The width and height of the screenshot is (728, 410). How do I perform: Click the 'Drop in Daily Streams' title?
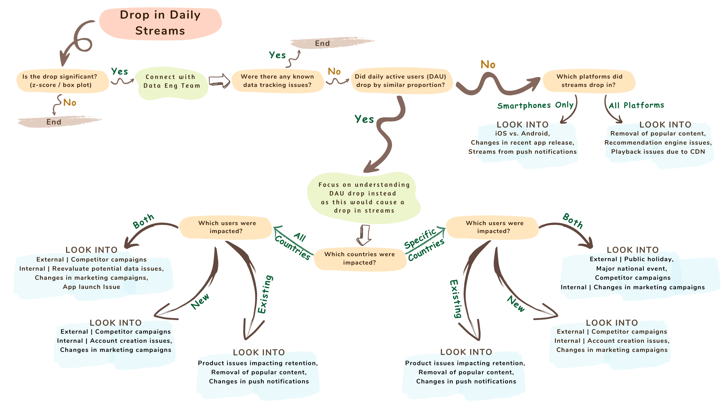(160, 23)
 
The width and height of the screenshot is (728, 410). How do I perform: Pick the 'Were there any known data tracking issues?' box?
(278, 81)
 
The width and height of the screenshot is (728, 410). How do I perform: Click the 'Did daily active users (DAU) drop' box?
(401, 81)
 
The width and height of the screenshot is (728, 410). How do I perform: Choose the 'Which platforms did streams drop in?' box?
(589, 81)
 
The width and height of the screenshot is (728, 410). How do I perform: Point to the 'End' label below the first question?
(54, 122)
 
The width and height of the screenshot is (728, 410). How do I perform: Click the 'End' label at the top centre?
(323, 43)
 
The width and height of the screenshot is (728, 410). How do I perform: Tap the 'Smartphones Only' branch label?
(535, 106)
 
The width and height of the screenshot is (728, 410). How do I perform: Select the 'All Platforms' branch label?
(637, 106)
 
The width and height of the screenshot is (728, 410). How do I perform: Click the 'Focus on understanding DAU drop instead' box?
(364, 198)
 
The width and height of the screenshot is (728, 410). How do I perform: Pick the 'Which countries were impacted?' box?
(360, 259)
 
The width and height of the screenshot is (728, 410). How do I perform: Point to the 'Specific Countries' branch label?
(424, 244)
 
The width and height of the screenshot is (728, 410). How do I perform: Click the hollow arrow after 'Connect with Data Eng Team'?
(220, 80)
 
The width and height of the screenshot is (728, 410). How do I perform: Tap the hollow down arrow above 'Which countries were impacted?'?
(364, 235)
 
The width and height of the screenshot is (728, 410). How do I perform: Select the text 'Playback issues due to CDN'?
(658, 152)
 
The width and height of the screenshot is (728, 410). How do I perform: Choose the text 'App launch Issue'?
(91, 287)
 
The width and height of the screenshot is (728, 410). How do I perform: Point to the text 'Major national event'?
(632, 269)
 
